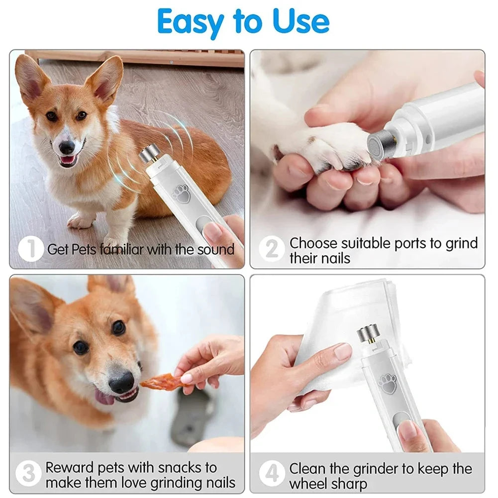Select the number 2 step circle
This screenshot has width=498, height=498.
272,249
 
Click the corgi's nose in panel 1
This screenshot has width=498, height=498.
67,147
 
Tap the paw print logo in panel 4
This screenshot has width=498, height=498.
387,384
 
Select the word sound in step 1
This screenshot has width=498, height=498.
215,249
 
